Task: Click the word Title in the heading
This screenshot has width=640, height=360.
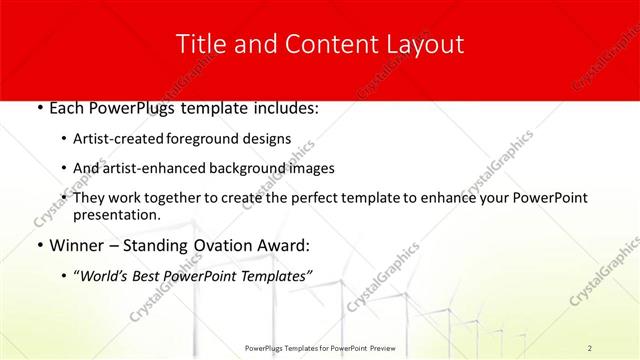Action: (199, 43)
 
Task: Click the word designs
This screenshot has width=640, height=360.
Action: (270, 138)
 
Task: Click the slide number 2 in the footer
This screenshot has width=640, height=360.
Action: (590, 348)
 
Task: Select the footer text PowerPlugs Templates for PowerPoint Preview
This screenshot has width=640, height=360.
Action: (319, 348)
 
